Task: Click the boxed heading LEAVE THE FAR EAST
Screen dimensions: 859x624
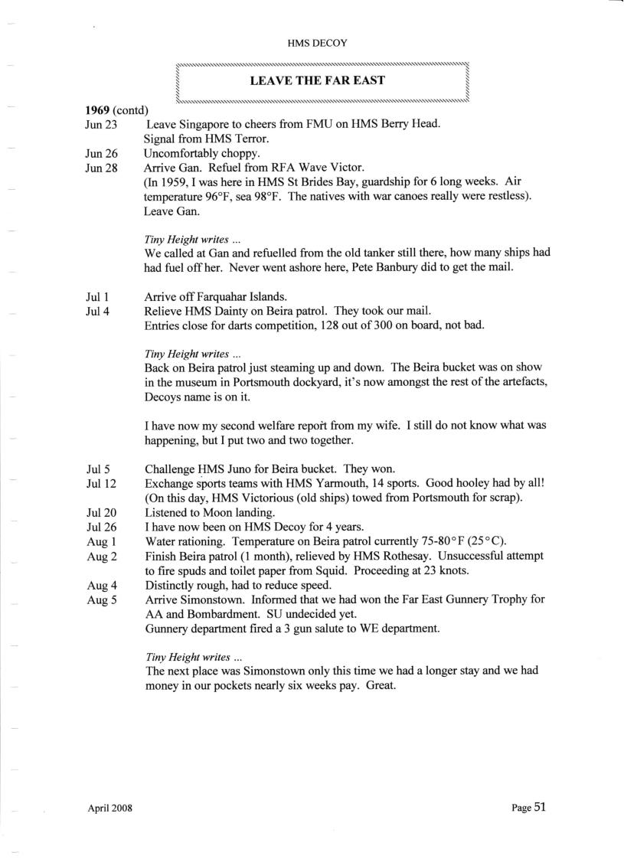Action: pyautogui.click(x=317, y=80)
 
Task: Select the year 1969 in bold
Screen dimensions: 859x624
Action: pyautogui.click(x=97, y=111)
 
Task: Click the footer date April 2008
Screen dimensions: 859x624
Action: pyautogui.click(x=109, y=808)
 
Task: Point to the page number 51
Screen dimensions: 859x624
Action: pyautogui.click(x=540, y=807)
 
